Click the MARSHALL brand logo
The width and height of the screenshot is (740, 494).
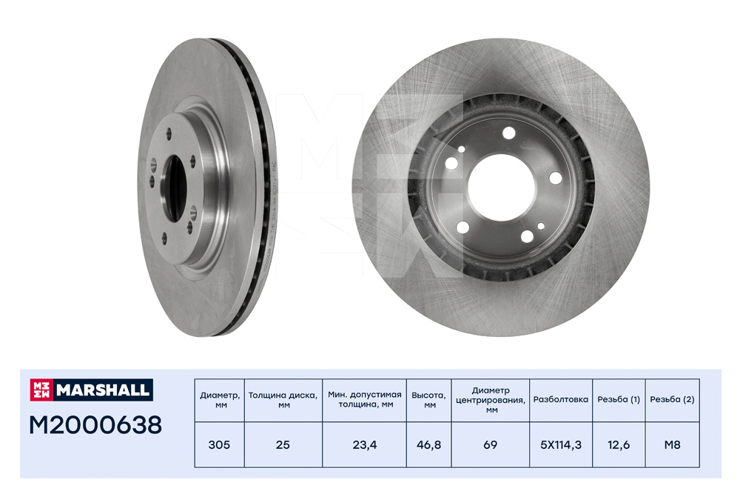(x=91, y=390)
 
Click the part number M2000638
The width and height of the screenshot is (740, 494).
(x=95, y=425)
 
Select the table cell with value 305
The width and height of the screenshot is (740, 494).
(x=220, y=445)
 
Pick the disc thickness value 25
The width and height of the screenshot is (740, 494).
(x=283, y=445)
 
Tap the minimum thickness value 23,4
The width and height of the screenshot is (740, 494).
(x=364, y=445)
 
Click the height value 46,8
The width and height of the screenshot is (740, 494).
(x=429, y=445)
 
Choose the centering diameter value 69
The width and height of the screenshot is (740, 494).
(x=491, y=445)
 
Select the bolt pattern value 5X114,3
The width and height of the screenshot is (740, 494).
(x=561, y=445)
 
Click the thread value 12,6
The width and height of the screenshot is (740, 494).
(x=619, y=445)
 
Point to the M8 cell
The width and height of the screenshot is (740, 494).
(x=672, y=445)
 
